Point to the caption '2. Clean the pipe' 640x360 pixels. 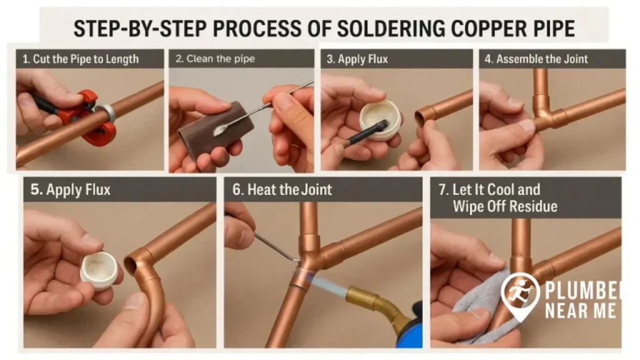point(215,59)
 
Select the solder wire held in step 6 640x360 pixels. point(275,245)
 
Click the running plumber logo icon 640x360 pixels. point(520,294)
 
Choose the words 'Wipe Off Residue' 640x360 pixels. point(505,206)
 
